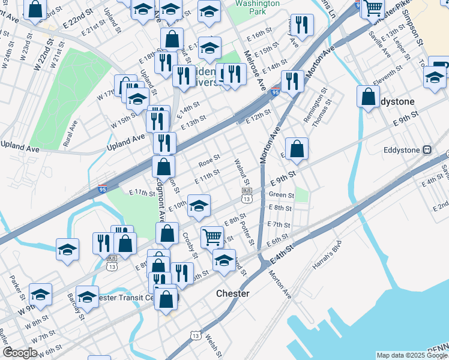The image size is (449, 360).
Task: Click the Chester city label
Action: tap(232, 293)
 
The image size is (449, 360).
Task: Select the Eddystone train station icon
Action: tap(427, 149)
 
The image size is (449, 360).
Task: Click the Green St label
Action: tap(281, 195)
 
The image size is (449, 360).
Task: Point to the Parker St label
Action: tap(16, 288)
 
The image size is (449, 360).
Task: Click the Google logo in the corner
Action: tap(19, 353)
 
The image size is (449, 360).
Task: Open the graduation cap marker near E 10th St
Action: tap(199, 206)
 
